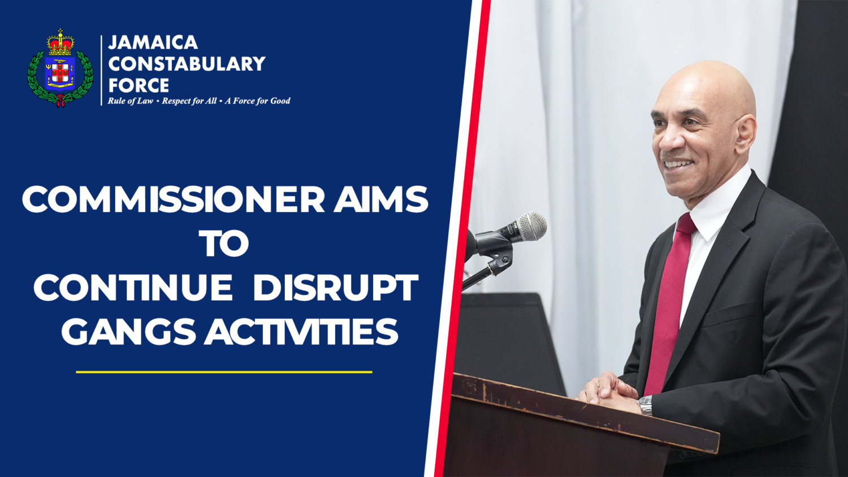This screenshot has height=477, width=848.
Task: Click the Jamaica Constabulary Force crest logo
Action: click(x=60, y=69)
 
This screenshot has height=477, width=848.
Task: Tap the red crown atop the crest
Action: click(x=60, y=43)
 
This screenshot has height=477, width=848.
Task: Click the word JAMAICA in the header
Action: click(x=153, y=42)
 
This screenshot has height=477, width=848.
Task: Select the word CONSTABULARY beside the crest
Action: click(x=187, y=64)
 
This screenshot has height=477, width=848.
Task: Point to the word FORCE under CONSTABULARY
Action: click(x=139, y=85)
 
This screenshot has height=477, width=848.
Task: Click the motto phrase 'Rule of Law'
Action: click(x=130, y=101)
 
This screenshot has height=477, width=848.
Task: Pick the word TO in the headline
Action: click(x=224, y=244)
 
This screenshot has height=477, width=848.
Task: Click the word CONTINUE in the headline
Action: click(x=133, y=288)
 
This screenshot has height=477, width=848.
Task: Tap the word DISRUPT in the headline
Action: click(x=335, y=288)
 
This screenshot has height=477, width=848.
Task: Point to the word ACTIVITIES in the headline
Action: click(x=301, y=332)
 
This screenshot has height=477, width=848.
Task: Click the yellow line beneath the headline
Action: click(x=224, y=372)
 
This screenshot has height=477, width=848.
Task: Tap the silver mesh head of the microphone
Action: click(x=532, y=227)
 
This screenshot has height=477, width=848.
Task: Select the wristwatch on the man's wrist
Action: click(x=645, y=405)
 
